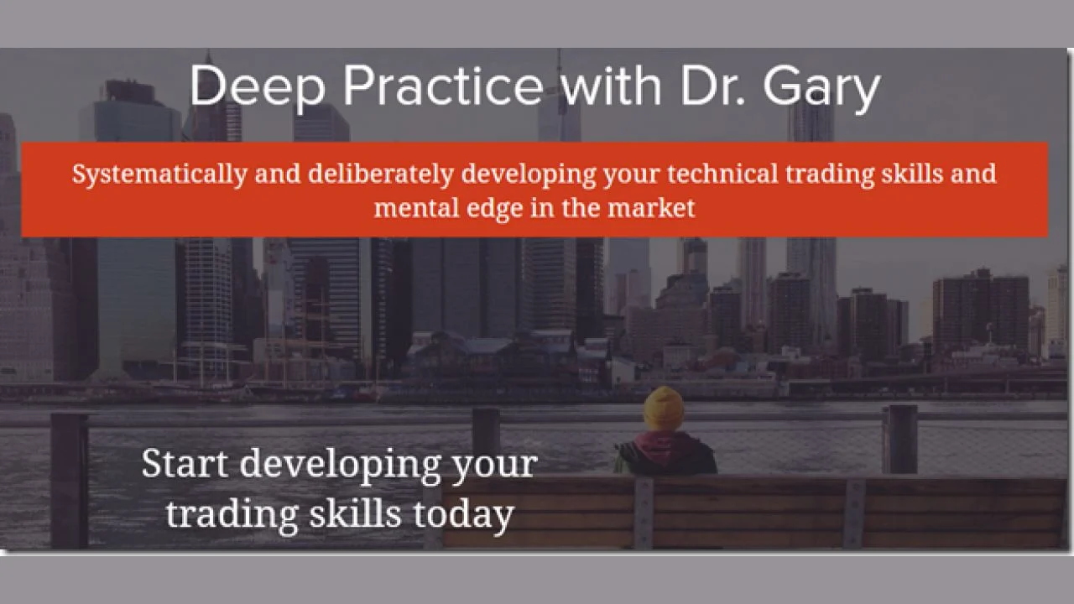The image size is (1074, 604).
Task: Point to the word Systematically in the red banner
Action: click(x=159, y=174)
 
